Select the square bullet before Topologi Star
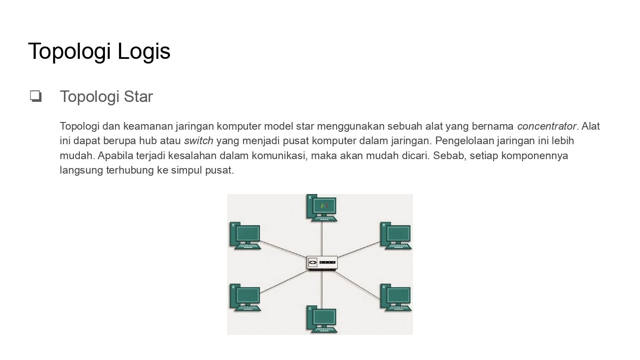(x=36, y=96)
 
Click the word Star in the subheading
(x=138, y=96)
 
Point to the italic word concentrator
(x=547, y=126)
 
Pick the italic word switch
(x=198, y=141)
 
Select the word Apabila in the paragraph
(x=116, y=155)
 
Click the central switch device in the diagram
(x=322, y=263)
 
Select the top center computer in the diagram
(x=322, y=208)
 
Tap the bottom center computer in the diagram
(x=322, y=319)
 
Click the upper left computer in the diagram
(x=245, y=236)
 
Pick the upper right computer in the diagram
(x=396, y=236)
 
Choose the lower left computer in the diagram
(x=245, y=297)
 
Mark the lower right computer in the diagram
(x=396, y=297)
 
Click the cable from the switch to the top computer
(x=322, y=239)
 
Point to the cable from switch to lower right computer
(x=357, y=285)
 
